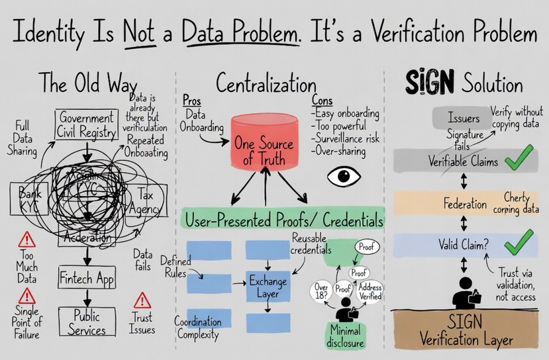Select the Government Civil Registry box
pyautogui.click(x=87, y=124)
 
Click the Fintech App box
pyautogui.click(x=87, y=278)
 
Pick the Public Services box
pyautogui.click(x=87, y=322)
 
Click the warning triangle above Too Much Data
pyautogui.click(x=27, y=240)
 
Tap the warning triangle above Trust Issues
pyautogui.click(x=142, y=301)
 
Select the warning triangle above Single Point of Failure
pyautogui.click(x=27, y=296)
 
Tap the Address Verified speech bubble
pyautogui.click(x=370, y=292)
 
